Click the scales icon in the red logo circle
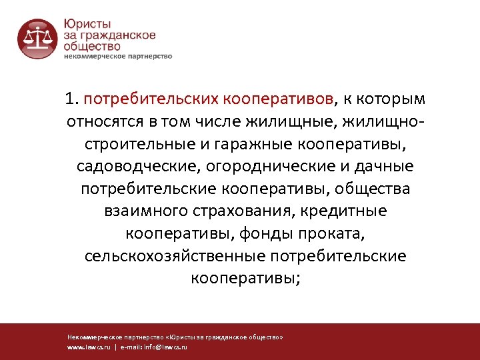click(37, 38)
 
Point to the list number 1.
click(71, 100)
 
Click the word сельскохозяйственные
click(174, 256)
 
